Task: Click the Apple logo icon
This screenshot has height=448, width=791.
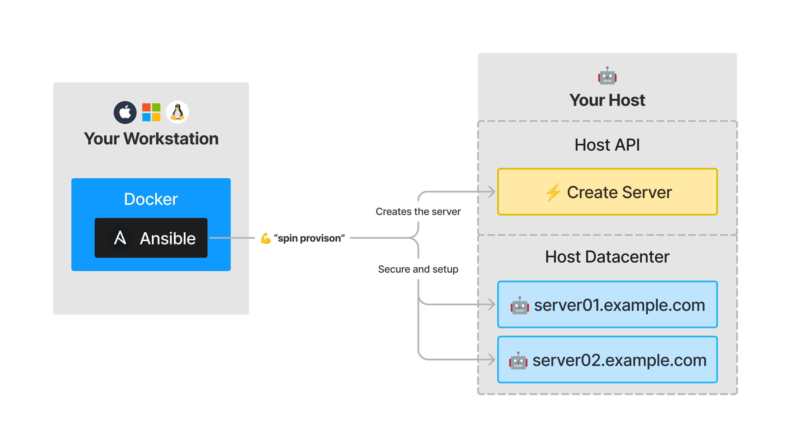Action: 125,112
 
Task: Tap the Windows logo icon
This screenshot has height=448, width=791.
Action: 151,112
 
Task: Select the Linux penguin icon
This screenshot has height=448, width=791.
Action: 177,112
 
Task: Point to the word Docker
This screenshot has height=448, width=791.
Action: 151,199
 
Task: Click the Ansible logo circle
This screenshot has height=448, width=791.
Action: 120,238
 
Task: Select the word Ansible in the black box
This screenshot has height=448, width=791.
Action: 168,239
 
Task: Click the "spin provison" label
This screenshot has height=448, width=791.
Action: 309,238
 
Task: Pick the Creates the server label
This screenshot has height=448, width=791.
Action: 418,212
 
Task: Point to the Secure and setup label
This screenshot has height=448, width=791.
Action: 418,269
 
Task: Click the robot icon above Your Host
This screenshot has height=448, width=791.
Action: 607,76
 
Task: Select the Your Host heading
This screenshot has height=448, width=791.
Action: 607,100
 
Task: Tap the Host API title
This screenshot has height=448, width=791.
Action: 607,145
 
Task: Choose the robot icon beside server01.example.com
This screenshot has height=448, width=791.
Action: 520,305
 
